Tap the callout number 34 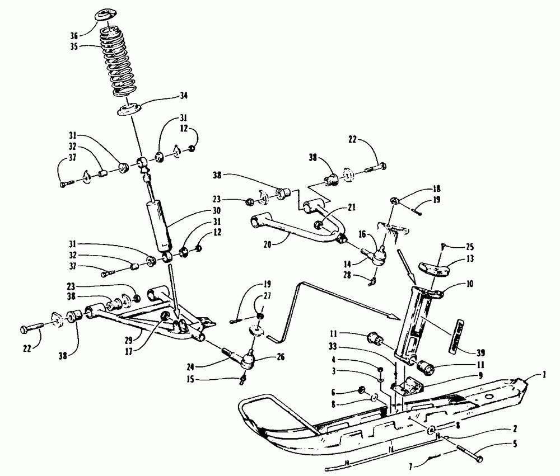pyautogui.click(x=183, y=96)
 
